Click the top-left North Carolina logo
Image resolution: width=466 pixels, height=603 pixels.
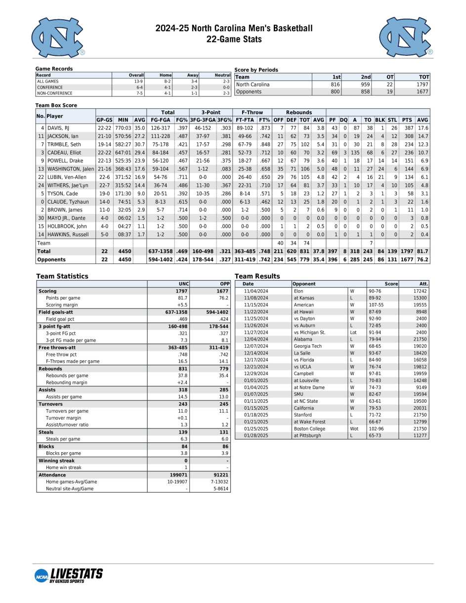57,38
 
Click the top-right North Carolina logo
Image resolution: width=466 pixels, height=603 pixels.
405,38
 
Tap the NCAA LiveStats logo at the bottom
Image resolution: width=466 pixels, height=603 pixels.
69,575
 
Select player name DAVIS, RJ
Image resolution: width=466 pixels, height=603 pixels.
58,128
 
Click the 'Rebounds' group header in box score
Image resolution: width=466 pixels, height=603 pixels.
298,112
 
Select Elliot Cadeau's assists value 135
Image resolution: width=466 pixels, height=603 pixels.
355,153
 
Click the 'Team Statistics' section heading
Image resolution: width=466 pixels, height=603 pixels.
62,276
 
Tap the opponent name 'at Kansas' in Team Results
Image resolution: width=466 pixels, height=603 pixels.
303,298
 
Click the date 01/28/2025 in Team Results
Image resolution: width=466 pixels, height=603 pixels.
255,435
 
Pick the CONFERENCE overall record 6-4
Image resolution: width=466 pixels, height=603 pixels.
138,87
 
